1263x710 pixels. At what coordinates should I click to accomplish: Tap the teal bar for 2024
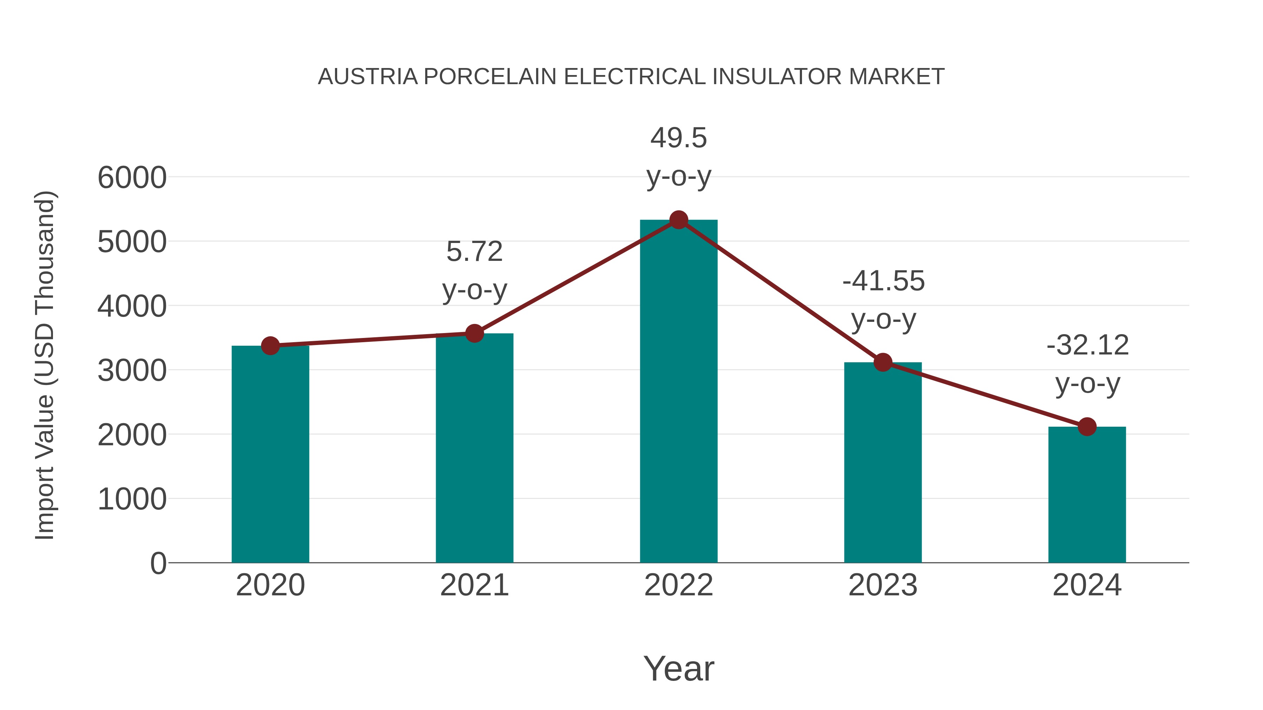(1087, 494)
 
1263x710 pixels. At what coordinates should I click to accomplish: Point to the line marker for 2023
(883, 363)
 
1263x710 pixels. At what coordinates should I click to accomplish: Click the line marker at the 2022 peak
(679, 220)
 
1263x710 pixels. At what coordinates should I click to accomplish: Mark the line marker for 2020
(270, 346)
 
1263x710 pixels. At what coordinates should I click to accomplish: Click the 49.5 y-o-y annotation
(679, 157)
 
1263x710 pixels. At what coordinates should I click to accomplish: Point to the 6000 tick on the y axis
(132, 177)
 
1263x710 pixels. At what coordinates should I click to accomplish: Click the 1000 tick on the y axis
(132, 499)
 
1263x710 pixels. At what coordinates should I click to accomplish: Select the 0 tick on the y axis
(158, 563)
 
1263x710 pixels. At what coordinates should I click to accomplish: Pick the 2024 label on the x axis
(1087, 585)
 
